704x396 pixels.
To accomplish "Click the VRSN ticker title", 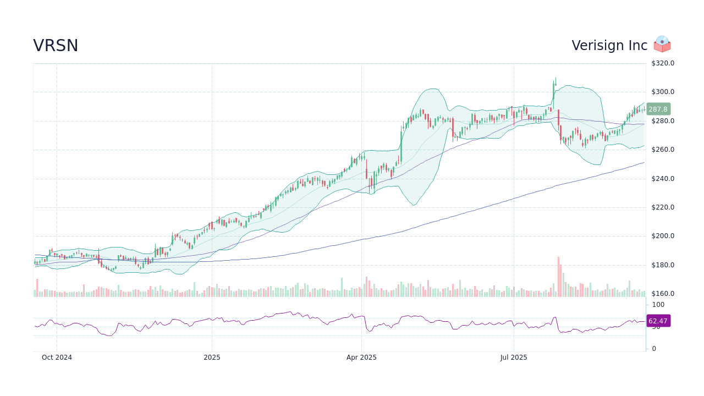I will point(56,46).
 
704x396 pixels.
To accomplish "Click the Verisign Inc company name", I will point(609,46).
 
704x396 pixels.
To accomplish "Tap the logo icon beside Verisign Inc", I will point(662,45).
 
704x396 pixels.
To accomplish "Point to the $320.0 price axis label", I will point(663,63).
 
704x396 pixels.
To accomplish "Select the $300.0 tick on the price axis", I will point(663,92).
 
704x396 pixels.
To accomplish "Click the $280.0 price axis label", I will point(663,121).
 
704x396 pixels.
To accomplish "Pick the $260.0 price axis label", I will point(663,150).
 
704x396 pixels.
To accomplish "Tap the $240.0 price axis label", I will point(663,179).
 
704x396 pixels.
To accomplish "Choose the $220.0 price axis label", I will point(663,207).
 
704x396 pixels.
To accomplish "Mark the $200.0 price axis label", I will point(663,236).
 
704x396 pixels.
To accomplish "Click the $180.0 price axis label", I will point(663,265).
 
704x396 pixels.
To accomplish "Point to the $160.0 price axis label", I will point(663,294).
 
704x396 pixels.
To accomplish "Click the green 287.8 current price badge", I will point(658,109).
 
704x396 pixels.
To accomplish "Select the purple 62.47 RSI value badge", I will point(658,321).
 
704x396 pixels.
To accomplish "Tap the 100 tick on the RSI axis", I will point(658,305).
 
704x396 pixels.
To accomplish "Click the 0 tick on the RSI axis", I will point(654,349).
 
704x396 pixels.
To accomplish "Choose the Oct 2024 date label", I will point(57,358).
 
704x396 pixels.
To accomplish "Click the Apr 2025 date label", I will point(361,358).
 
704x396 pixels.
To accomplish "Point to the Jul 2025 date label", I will point(514,358).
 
